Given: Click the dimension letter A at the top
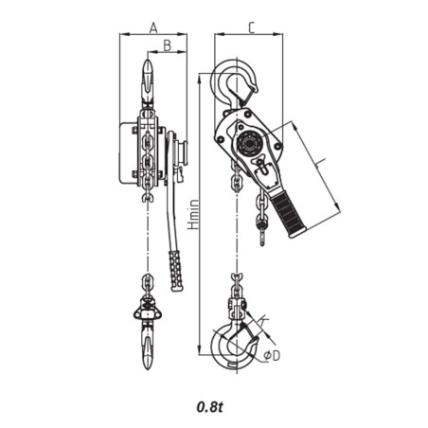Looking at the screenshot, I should [x=153, y=29].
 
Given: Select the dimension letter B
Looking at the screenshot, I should [x=167, y=45].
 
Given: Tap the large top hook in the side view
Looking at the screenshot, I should [x=232, y=83].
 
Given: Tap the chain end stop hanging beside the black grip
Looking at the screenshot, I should [x=263, y=225].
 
